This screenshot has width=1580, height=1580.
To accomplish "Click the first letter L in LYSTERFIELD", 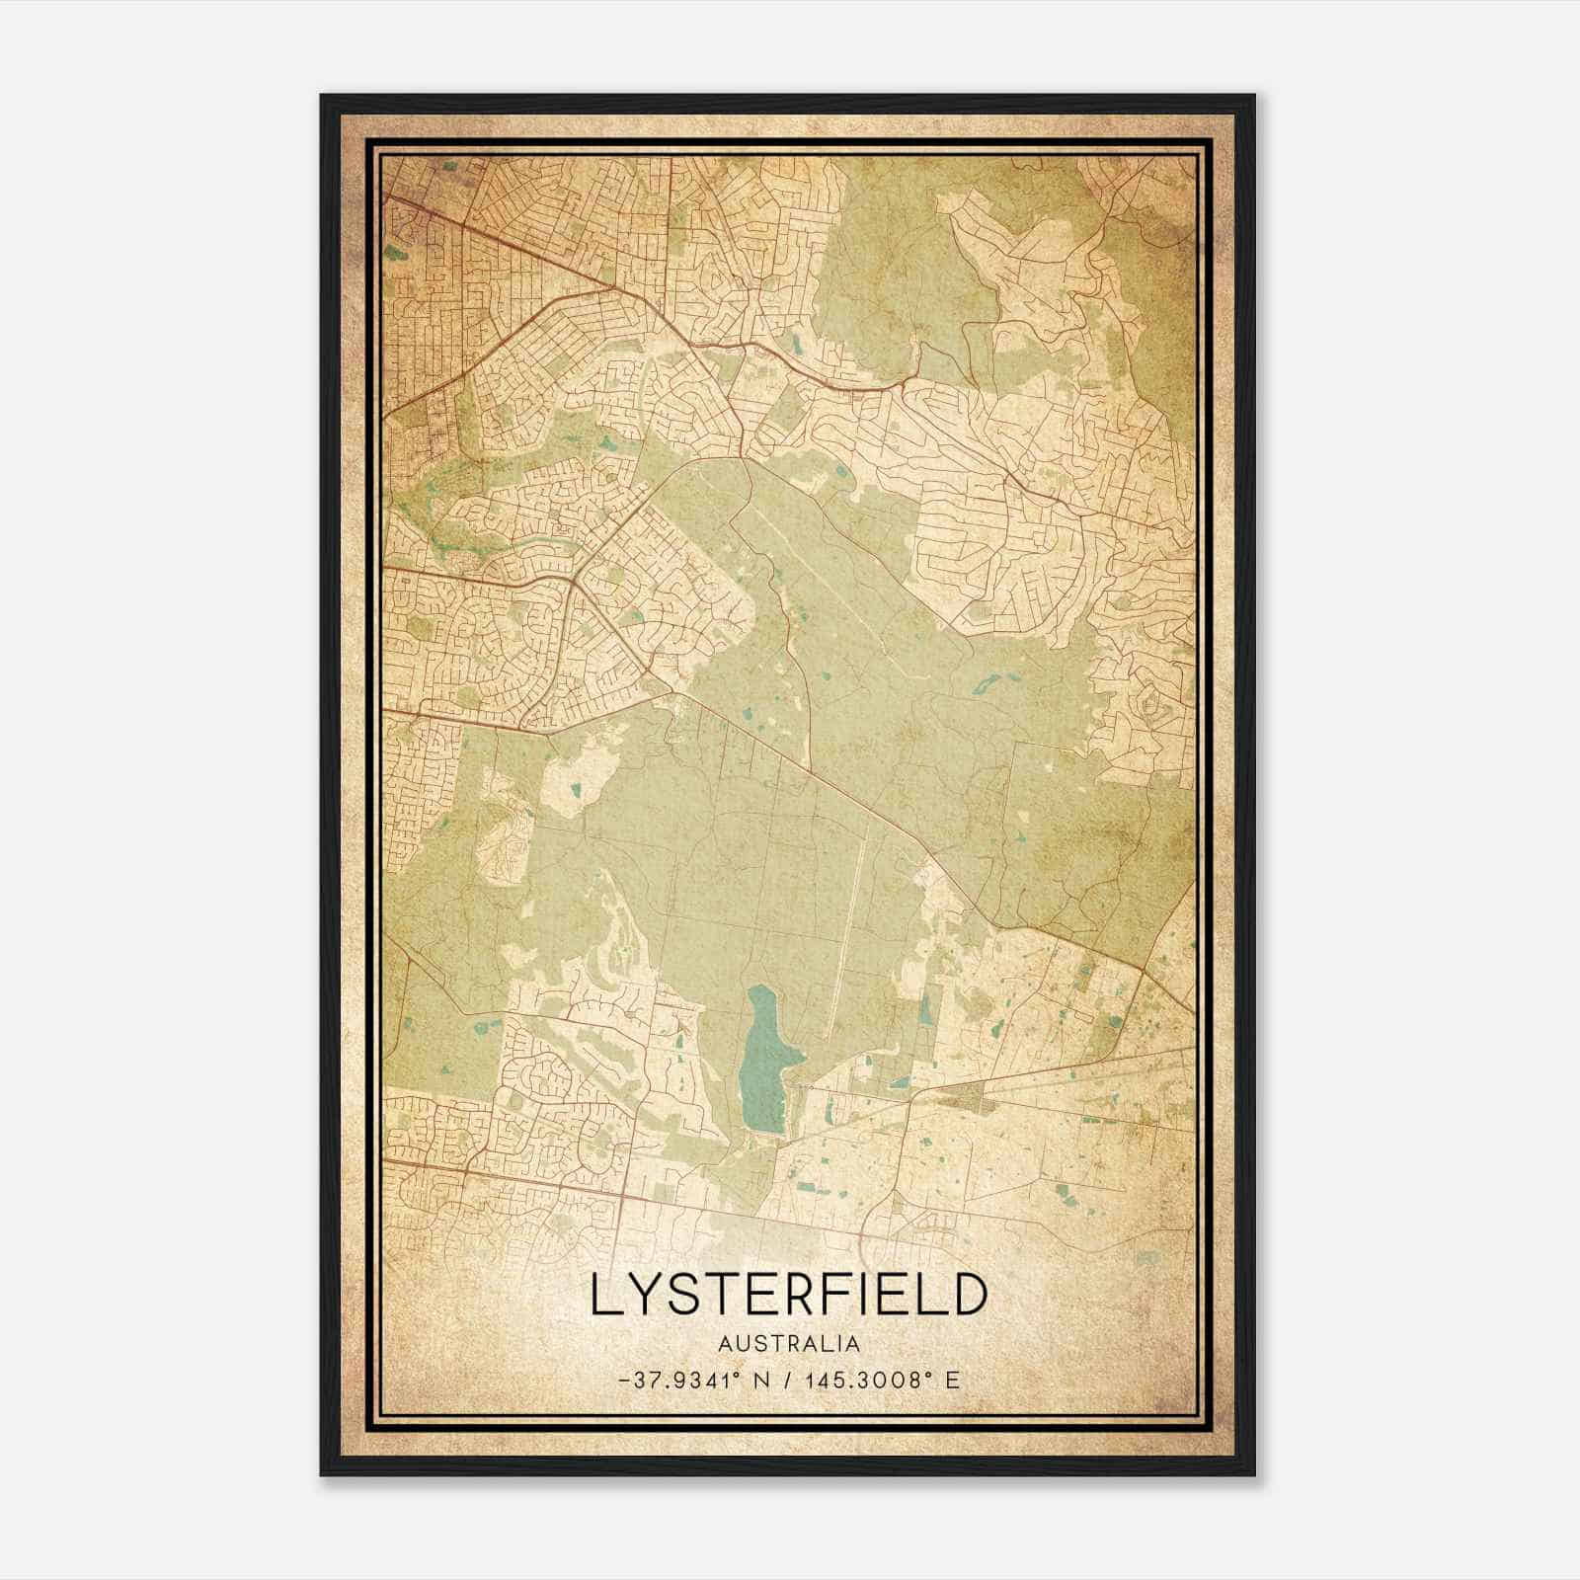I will click(x=603, y=1296).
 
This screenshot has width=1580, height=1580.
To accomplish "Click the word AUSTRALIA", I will click(x=789, y=1344).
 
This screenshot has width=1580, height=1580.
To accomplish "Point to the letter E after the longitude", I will click(x=952, y=1380).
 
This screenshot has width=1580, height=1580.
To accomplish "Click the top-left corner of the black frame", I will click(x=322, y=96).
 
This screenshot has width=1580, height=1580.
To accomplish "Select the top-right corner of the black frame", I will click(x=1254, y=96).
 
